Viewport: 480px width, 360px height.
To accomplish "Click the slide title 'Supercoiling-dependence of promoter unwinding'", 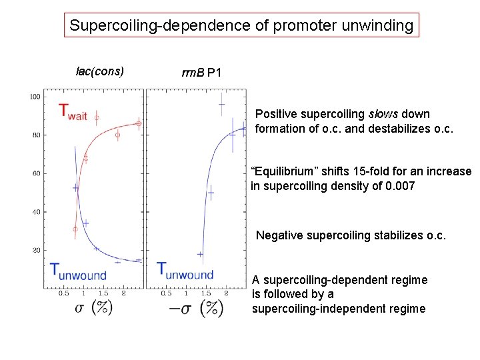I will (x=241, y=26).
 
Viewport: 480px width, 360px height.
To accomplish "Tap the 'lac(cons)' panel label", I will (x=100, y=71).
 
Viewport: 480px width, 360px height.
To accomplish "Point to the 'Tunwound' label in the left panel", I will (x=78, y=271).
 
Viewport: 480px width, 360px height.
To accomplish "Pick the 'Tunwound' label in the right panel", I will (x=185, y=271).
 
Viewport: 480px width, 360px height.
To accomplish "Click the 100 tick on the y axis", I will (x=35, y=97).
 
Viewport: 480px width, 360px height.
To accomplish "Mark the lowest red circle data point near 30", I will (x=75, y=229).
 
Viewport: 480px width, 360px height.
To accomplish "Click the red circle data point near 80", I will (x=117, y=135).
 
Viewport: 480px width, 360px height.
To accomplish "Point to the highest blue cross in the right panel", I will (x=221, y=104).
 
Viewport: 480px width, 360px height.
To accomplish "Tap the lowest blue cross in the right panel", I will (x=200, y=254).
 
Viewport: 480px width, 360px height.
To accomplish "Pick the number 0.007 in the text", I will (x=400, y=186).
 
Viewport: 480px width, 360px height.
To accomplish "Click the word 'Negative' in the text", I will (x=279, y=235).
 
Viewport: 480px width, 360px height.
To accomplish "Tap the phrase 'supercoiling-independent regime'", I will (x=338, y=309).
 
